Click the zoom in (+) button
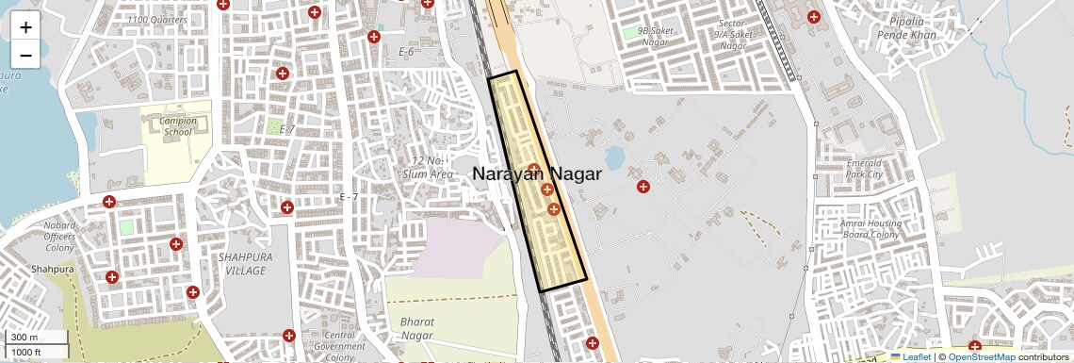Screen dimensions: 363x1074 pos(25,27)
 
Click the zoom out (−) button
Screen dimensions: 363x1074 pos(25,55)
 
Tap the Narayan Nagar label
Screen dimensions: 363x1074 pos(536,173)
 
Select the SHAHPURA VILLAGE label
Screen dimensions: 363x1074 pos(242,263)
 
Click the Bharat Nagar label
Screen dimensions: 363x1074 pos(417,328)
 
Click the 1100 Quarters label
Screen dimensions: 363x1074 pos(155,19)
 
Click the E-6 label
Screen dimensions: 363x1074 pos(406,52)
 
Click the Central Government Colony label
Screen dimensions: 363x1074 pos(338,346)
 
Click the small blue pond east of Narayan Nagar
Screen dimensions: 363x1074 pos(614,156)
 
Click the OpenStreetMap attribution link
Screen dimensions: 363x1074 pos(981,356)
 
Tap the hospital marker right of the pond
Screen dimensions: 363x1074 pos(643,187)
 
